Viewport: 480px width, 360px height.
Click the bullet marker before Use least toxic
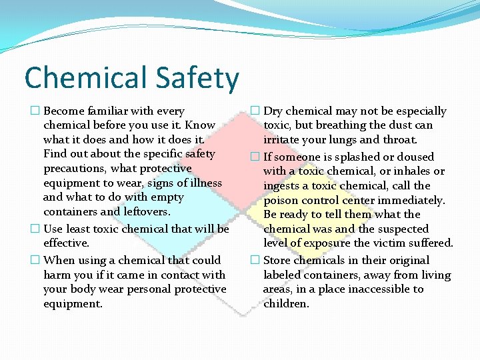click(x=35, y=229)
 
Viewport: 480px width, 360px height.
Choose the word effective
click(x=66, y=243)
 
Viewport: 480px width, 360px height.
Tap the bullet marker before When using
click(x=35, y=261)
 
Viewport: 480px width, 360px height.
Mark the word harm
click(x=58, y=275)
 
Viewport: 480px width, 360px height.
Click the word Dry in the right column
click(x=274, y=111)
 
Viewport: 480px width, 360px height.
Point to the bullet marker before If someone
click(x=255, y=157)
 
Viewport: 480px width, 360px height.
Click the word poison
click(x=281, y=201)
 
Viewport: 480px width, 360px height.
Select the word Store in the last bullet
click(x=278, y=261)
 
